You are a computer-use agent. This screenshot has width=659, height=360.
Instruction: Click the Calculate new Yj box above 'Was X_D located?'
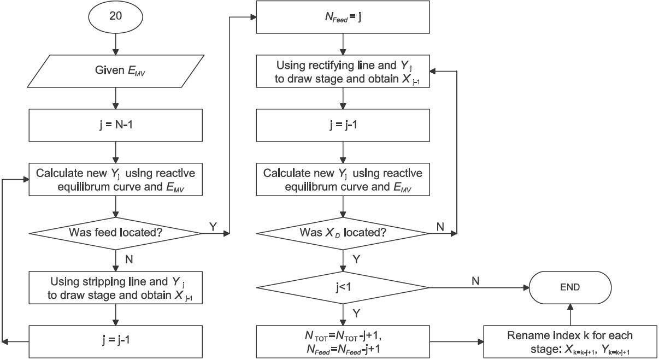[x=343, y=180]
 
